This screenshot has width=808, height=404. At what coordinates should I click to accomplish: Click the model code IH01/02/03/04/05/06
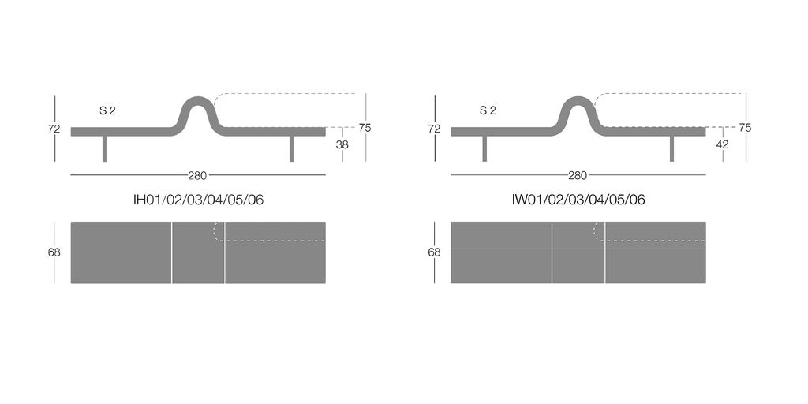point(198,200)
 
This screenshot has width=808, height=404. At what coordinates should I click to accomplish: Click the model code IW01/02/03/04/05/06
point(578,200)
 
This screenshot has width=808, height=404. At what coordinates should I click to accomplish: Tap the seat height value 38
point(342,144)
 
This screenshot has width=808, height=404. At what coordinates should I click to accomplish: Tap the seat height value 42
point(722,144)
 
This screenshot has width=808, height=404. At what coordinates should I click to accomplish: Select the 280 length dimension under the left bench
point(197,175)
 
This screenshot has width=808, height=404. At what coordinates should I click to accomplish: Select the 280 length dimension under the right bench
point(578,175)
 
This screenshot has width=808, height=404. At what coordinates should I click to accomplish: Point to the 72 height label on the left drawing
point(54,129)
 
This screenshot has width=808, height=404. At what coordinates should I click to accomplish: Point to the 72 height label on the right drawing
point(434,129)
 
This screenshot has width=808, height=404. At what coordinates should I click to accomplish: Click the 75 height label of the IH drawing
point(365,128)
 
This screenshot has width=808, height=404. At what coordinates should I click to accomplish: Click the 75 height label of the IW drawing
point(745,128)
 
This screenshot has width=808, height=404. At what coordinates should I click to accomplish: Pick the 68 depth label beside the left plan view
point(54,252)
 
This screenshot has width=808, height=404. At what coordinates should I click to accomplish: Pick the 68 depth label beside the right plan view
point(434,252)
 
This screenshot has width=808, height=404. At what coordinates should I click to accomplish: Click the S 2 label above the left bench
point(107,111)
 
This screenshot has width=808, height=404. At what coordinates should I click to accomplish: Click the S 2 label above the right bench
point(488,111)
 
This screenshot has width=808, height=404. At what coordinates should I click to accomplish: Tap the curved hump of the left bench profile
point(197,102)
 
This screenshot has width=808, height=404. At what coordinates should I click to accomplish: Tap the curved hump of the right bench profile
point(578,102)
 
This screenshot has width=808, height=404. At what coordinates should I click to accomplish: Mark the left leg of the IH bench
point(104,148)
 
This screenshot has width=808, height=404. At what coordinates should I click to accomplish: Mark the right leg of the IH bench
point(291,148)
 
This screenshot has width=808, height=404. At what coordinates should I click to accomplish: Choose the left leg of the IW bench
point(484,148)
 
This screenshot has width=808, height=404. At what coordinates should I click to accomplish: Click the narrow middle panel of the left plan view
point(198,252)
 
